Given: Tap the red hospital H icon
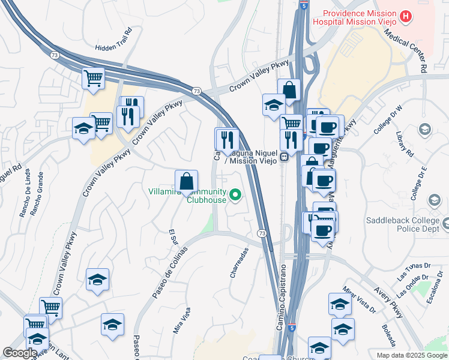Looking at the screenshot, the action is coord(406,16).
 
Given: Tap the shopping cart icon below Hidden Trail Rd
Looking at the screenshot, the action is coord(93,77).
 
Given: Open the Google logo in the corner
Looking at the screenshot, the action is coord(19,353).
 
